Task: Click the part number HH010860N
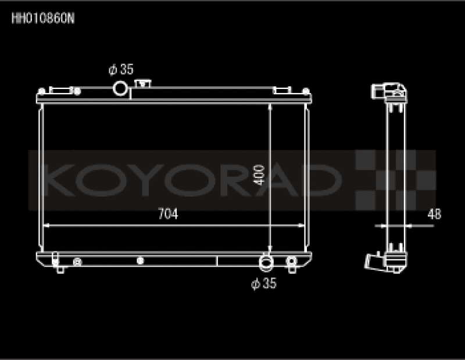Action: tap(43, 17)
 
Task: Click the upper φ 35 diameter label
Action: tap(121, 70)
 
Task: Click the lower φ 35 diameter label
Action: tap(263, 284)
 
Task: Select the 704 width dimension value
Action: tap(167, 214)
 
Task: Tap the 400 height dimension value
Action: tap(260, 174)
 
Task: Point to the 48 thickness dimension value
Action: tap(434, 214)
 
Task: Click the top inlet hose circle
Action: tap(120, 89)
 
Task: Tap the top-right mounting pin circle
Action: tap(305, 91)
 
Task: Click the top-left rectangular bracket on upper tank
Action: tap(60, 90)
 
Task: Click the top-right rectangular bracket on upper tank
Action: tap(281, 90)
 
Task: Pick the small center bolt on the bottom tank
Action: tap(139, 261)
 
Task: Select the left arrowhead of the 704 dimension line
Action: tap(47, 224)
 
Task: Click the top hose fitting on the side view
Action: tap(388, 91)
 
